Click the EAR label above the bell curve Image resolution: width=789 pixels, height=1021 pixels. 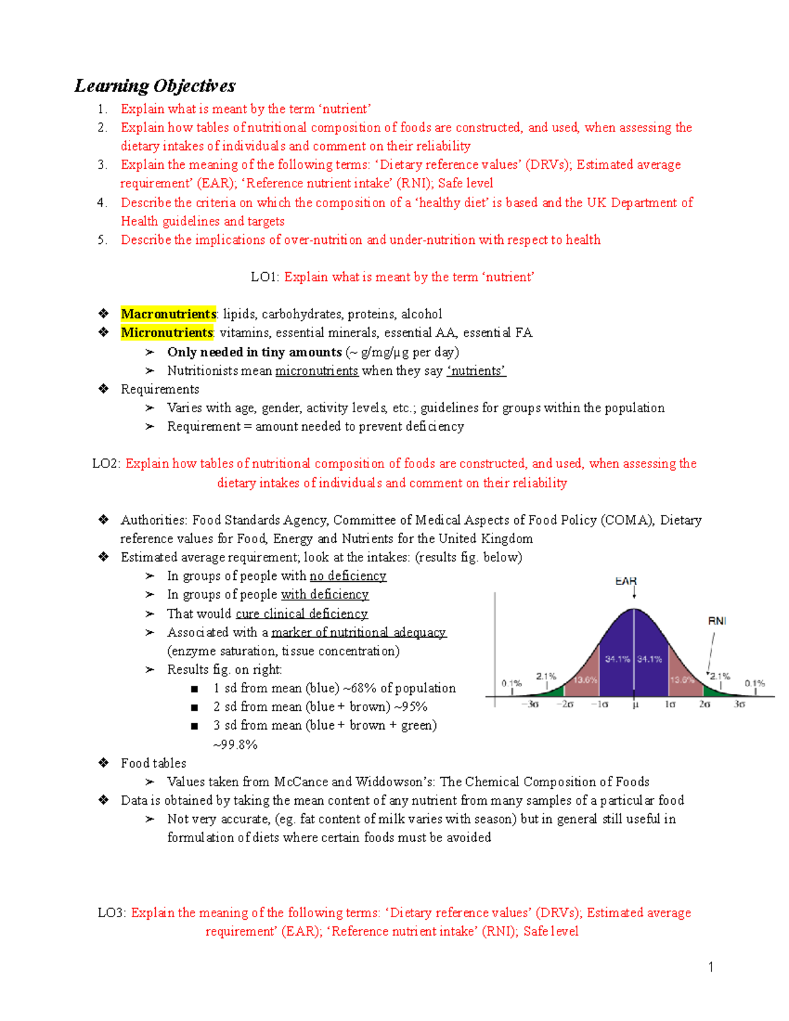point(625,581)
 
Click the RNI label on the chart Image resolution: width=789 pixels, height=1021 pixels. point(717,621)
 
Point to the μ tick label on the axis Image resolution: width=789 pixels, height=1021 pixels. point(635,705)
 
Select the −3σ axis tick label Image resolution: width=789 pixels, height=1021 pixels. point(531,705)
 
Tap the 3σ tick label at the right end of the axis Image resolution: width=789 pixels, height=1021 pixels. point(739,705)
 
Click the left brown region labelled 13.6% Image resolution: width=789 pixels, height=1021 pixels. point(585,680)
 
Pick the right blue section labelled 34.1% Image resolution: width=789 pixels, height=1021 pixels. point(650,659)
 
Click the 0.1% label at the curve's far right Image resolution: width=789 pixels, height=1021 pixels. point(754,684)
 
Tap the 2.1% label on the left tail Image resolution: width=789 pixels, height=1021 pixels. point(546,676)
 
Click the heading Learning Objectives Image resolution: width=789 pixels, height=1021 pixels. point(155,86)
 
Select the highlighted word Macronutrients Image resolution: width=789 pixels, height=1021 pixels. point(168,314)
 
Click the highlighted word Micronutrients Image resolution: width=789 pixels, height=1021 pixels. point(167,333)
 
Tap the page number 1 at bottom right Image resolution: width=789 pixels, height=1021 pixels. point(711,966)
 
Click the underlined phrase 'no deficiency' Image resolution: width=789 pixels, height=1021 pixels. point(348,576)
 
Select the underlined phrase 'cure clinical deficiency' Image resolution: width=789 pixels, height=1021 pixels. point(302,614)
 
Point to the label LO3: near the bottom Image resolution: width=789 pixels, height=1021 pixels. point(112,913)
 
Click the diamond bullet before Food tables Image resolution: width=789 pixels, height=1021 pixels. point(103,763)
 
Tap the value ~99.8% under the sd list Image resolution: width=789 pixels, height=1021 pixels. point(235,745)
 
